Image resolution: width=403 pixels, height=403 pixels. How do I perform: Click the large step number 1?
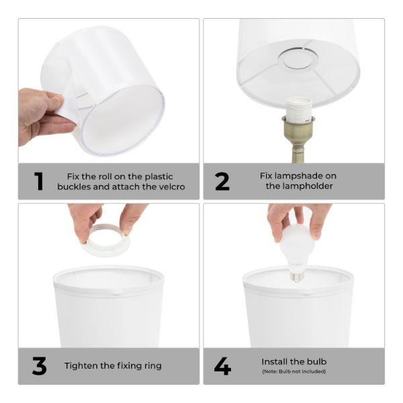point(39,181)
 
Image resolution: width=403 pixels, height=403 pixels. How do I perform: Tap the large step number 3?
point(39,366)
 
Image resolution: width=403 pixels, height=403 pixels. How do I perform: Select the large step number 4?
point(222,366)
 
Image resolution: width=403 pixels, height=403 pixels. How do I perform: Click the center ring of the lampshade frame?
point(298,59)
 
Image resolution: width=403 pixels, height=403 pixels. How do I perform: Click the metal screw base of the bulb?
point(296,274)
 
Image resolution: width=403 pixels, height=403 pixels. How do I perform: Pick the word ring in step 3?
point(152,366)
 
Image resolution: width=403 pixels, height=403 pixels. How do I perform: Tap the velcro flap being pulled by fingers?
point(69,104)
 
